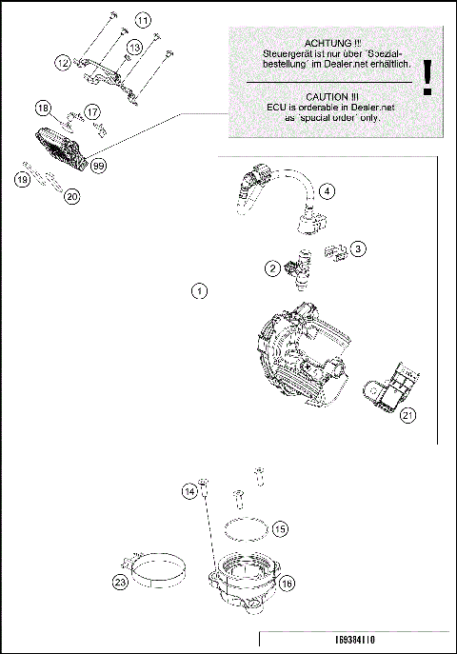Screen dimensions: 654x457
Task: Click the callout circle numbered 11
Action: [142, 20]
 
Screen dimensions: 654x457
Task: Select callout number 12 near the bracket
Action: [63, 62]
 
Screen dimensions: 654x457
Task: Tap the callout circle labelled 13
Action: [134, 47]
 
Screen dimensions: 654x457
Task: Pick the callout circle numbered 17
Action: [92, 112]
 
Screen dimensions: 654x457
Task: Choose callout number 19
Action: [22, 178]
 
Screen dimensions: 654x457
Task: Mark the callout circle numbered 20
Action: [71, 197]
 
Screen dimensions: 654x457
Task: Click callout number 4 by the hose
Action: [327, 191]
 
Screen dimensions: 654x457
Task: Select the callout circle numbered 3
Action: [358, 248]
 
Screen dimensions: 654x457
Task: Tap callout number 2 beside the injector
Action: [271, 269]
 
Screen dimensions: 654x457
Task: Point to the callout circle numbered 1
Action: [198, 290]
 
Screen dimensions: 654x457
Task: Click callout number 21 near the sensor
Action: [407, 413]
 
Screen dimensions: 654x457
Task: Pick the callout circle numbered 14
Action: [189, 490]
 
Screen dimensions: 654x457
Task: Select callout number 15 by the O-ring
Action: [279, 527]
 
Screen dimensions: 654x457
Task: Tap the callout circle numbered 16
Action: [287, 585]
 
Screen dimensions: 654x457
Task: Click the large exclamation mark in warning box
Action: [428, 76]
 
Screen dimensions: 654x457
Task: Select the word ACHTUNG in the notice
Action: [327, 45]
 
